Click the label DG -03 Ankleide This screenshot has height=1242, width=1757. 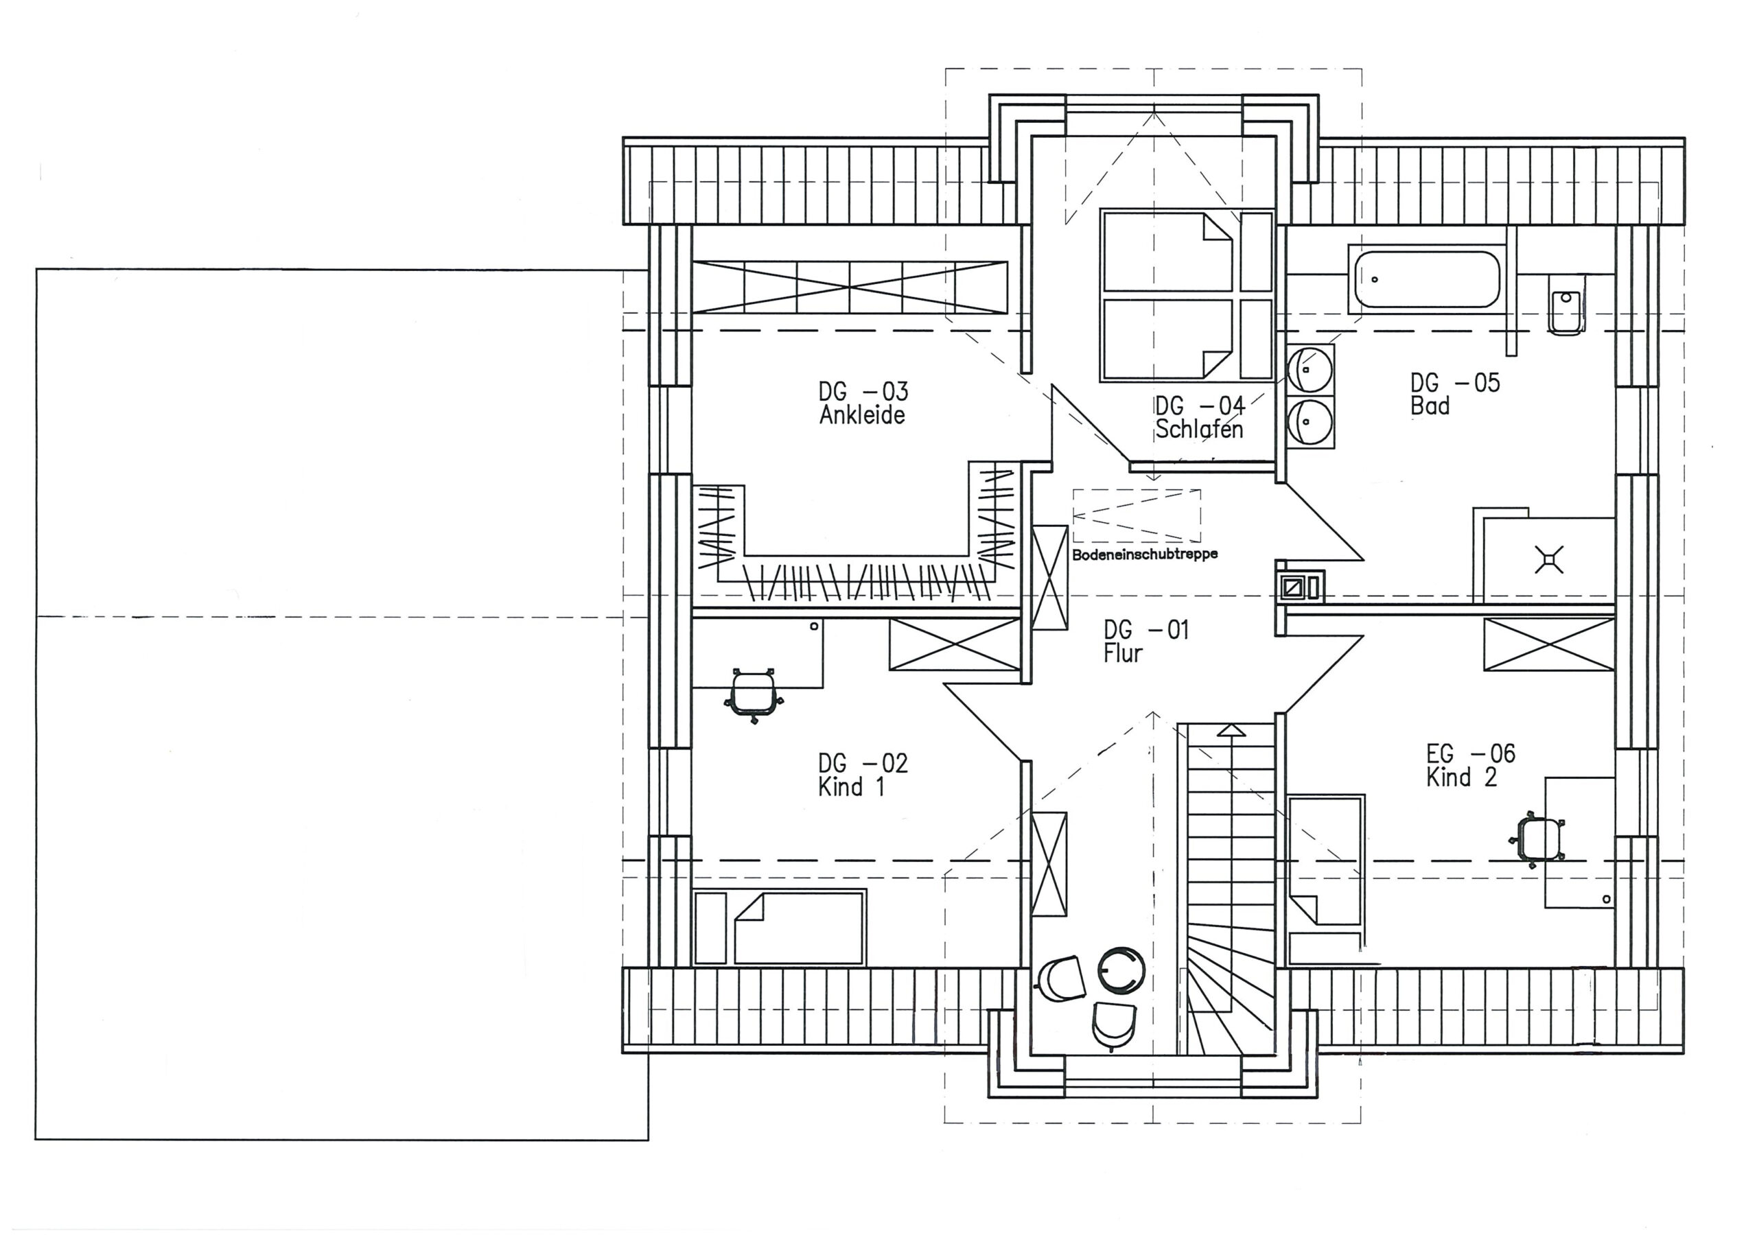coord(863,403)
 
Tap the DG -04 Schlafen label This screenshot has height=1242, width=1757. coord(1200,417)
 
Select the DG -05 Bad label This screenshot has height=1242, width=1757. coord(1455,394)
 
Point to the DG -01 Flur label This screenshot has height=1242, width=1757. coord(1145,642)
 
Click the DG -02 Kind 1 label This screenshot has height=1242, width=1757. coord(863,775)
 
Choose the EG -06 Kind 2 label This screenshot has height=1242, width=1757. coord(1470,765)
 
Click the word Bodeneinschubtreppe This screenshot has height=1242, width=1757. coord(1144,554)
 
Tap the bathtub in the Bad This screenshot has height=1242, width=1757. coord(1427,279)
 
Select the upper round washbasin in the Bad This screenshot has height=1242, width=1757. coord(1310,370)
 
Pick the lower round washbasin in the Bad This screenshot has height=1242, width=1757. coord(1310,421)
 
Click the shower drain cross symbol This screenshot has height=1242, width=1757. coord(1549,559)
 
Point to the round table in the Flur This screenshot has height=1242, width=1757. coord(1122,970)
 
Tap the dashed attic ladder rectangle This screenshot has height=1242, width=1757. coord(1137,515)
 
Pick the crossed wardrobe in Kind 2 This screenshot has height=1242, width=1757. coord(1549,644)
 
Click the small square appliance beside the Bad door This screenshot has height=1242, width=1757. coord(1299,586)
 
